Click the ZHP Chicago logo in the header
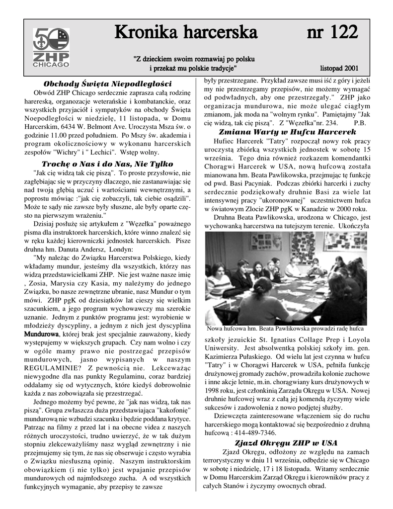(x=51, y=48)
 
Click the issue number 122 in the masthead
(x=332, y=33)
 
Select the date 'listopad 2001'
(x=339, y=68)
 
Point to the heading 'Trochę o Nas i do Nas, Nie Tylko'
(x=107, y=164)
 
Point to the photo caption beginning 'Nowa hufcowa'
(x=285, y=329)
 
